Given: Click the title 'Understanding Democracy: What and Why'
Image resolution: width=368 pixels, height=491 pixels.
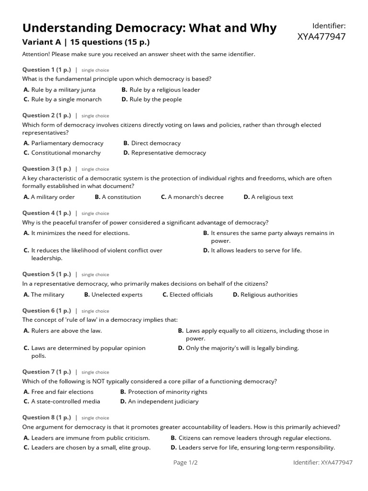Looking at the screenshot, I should pyautogui.click(x=149, y=28).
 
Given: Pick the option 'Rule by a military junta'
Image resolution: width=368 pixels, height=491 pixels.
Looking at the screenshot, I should pyautogui.click(x=63, y=90).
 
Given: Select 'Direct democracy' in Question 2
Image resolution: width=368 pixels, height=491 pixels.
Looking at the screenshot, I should pyautogui.click(x=156, y=143).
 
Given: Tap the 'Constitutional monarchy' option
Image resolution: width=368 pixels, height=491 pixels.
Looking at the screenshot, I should pyautogui.click(x=66, y=152).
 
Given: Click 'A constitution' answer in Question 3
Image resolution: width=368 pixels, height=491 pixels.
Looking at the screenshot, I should pyautogui.click(x=121, y=197).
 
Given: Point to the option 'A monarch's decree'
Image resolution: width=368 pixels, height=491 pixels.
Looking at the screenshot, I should pyautogui.click(x=195, y=197).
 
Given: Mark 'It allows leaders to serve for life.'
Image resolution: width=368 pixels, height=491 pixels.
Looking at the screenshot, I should pyautogui.click(x=256, y=250).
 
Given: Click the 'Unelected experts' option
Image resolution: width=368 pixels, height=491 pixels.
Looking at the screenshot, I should pyautogui.click(x=117, y=294).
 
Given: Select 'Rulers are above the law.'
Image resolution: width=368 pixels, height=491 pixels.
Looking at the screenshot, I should pyautogui.click(x=66, y=330).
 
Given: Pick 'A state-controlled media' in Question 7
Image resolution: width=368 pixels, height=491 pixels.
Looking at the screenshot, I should pyautogui.click(x=66, y=401).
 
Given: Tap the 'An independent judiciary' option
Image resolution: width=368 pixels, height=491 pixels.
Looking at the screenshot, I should pyautogui.click(x=163, y=401).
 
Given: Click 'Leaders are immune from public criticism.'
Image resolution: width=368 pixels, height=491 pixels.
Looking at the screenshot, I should pyautogui.click(x=90, y=438).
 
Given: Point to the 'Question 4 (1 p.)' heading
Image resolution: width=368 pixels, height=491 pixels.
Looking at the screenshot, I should pyautogui.click(x=46, y=213).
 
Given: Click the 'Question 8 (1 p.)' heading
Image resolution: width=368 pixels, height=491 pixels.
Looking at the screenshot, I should pyautogui.click(x=46, y=417).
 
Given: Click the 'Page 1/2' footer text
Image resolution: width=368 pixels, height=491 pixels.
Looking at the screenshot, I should pyautogui.click(x=185, y=462).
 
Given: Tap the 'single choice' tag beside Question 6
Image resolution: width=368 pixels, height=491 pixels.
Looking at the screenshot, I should pyautogui.click(x=95, y=311).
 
